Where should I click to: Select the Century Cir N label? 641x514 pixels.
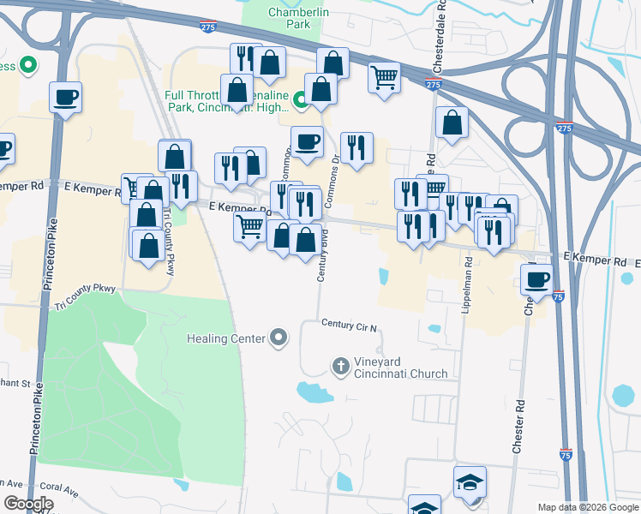pyautogui.click(x=350, y=325)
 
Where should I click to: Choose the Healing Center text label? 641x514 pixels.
pyautogui.click(x=226, y=338)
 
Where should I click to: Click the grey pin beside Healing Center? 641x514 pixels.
pyautogui.click(x=278, y=338)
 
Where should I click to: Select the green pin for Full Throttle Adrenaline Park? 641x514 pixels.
pyautogui.click(x=301, y=101)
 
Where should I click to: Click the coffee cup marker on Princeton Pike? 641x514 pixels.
pyautogui.click(x=65, y=98)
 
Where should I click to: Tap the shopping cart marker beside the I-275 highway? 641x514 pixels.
pyautogui.click(x=384, y=78)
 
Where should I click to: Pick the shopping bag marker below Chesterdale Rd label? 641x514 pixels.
pyautogui.click(x=452, y=123)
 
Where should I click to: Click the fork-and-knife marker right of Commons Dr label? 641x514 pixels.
pyautogui.click(x=356, y=148)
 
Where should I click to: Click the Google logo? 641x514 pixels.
pyautogui.click(x=27, y=504)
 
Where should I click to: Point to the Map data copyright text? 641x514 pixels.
pyautogui.click(x=587, y=507)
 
